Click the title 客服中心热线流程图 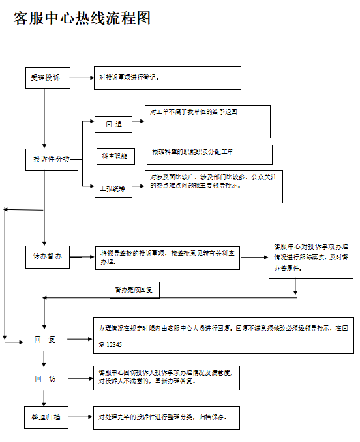click(82, 18)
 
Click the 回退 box click(113, 123)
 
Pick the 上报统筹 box click(113, 189)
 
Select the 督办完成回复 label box click(134, 289)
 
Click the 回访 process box click(45, 379)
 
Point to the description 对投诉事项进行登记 click(130, 78)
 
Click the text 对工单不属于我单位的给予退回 click(193, 112)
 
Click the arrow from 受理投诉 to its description click(81, 78)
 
